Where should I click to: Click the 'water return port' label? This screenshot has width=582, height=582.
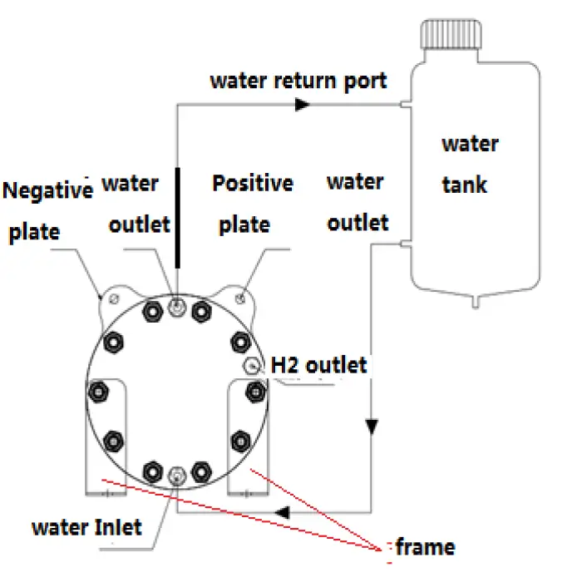point(298,81)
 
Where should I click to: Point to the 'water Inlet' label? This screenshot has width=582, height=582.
point(86,526)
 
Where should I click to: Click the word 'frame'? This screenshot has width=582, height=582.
point(425,546)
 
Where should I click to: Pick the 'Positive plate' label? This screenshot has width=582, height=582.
point(252,203)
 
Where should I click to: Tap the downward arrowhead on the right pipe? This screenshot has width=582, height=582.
point(372,426)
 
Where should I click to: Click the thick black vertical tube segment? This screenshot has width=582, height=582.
point(177,217)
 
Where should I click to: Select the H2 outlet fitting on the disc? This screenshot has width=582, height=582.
point(253,365)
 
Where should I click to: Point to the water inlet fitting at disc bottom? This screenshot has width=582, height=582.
point(175,476)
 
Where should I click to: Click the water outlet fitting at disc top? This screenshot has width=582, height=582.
point(176,308)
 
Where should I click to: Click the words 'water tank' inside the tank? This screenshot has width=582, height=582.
point(470,163)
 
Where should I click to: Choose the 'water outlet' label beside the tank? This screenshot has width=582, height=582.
point(357,202)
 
